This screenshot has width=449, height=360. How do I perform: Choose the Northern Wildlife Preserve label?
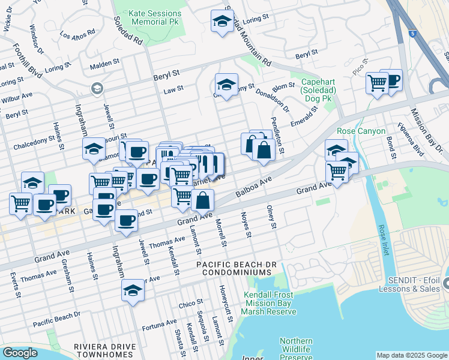tap(296, 348)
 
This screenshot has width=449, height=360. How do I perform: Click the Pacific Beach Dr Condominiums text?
tap(237, 268)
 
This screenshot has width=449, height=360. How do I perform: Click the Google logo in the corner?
tap(20, 353)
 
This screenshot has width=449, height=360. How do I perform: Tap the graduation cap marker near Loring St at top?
tap(222, 20)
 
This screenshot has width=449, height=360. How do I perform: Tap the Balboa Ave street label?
tap(254, 187)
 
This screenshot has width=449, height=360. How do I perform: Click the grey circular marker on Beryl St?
tap(96, 89)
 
